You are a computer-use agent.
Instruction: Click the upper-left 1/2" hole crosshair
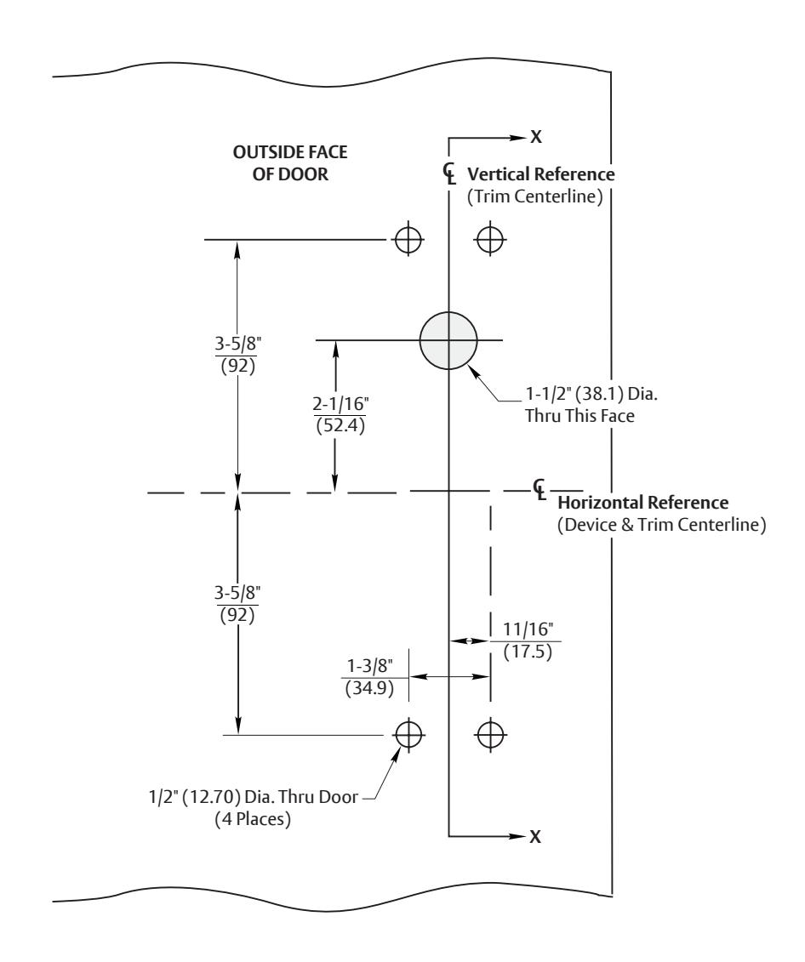tap(408, 239)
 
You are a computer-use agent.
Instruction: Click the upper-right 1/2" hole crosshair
tap(489, 239)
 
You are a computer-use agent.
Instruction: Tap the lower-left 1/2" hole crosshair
tap(408, 734)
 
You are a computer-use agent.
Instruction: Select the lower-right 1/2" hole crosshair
tap(489, 734)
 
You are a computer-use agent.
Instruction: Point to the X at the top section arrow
tap(536, 137)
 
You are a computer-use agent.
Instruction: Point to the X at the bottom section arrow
tap(535, 836)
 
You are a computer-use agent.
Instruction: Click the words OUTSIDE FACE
tap(290, 152)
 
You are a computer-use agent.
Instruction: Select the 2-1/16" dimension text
tap(340, 404)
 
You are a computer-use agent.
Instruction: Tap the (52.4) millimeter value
tap(340, 425)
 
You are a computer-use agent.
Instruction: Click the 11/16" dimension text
tap(528, 629)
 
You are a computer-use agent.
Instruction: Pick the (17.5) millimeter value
tap(528, 651)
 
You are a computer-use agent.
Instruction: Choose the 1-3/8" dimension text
tap(369, 666)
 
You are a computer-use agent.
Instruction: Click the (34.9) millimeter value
tap(369, 688)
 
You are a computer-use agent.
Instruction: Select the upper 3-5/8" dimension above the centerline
tap(237, 342)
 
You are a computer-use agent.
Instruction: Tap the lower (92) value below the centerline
tap(237, 615)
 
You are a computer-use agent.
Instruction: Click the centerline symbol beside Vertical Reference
tap(450, 174)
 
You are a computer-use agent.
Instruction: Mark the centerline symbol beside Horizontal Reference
tap(540, 490)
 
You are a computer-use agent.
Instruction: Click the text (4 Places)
tap(253, 819)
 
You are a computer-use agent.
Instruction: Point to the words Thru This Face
tap(579, 416)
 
